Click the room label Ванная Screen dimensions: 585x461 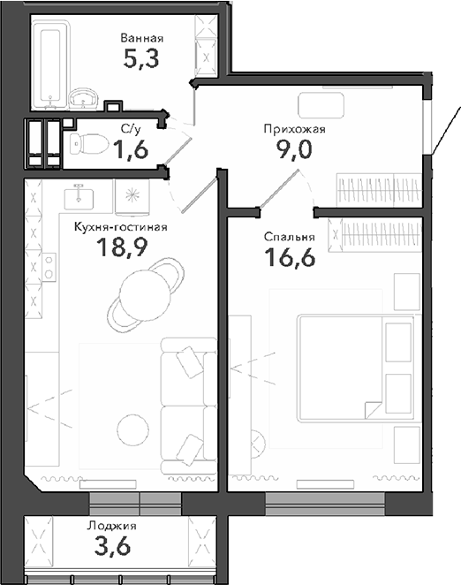(141, 39)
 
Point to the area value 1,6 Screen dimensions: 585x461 (129, 150)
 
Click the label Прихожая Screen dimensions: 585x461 (295, 129)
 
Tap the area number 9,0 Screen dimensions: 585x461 (295, 148)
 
